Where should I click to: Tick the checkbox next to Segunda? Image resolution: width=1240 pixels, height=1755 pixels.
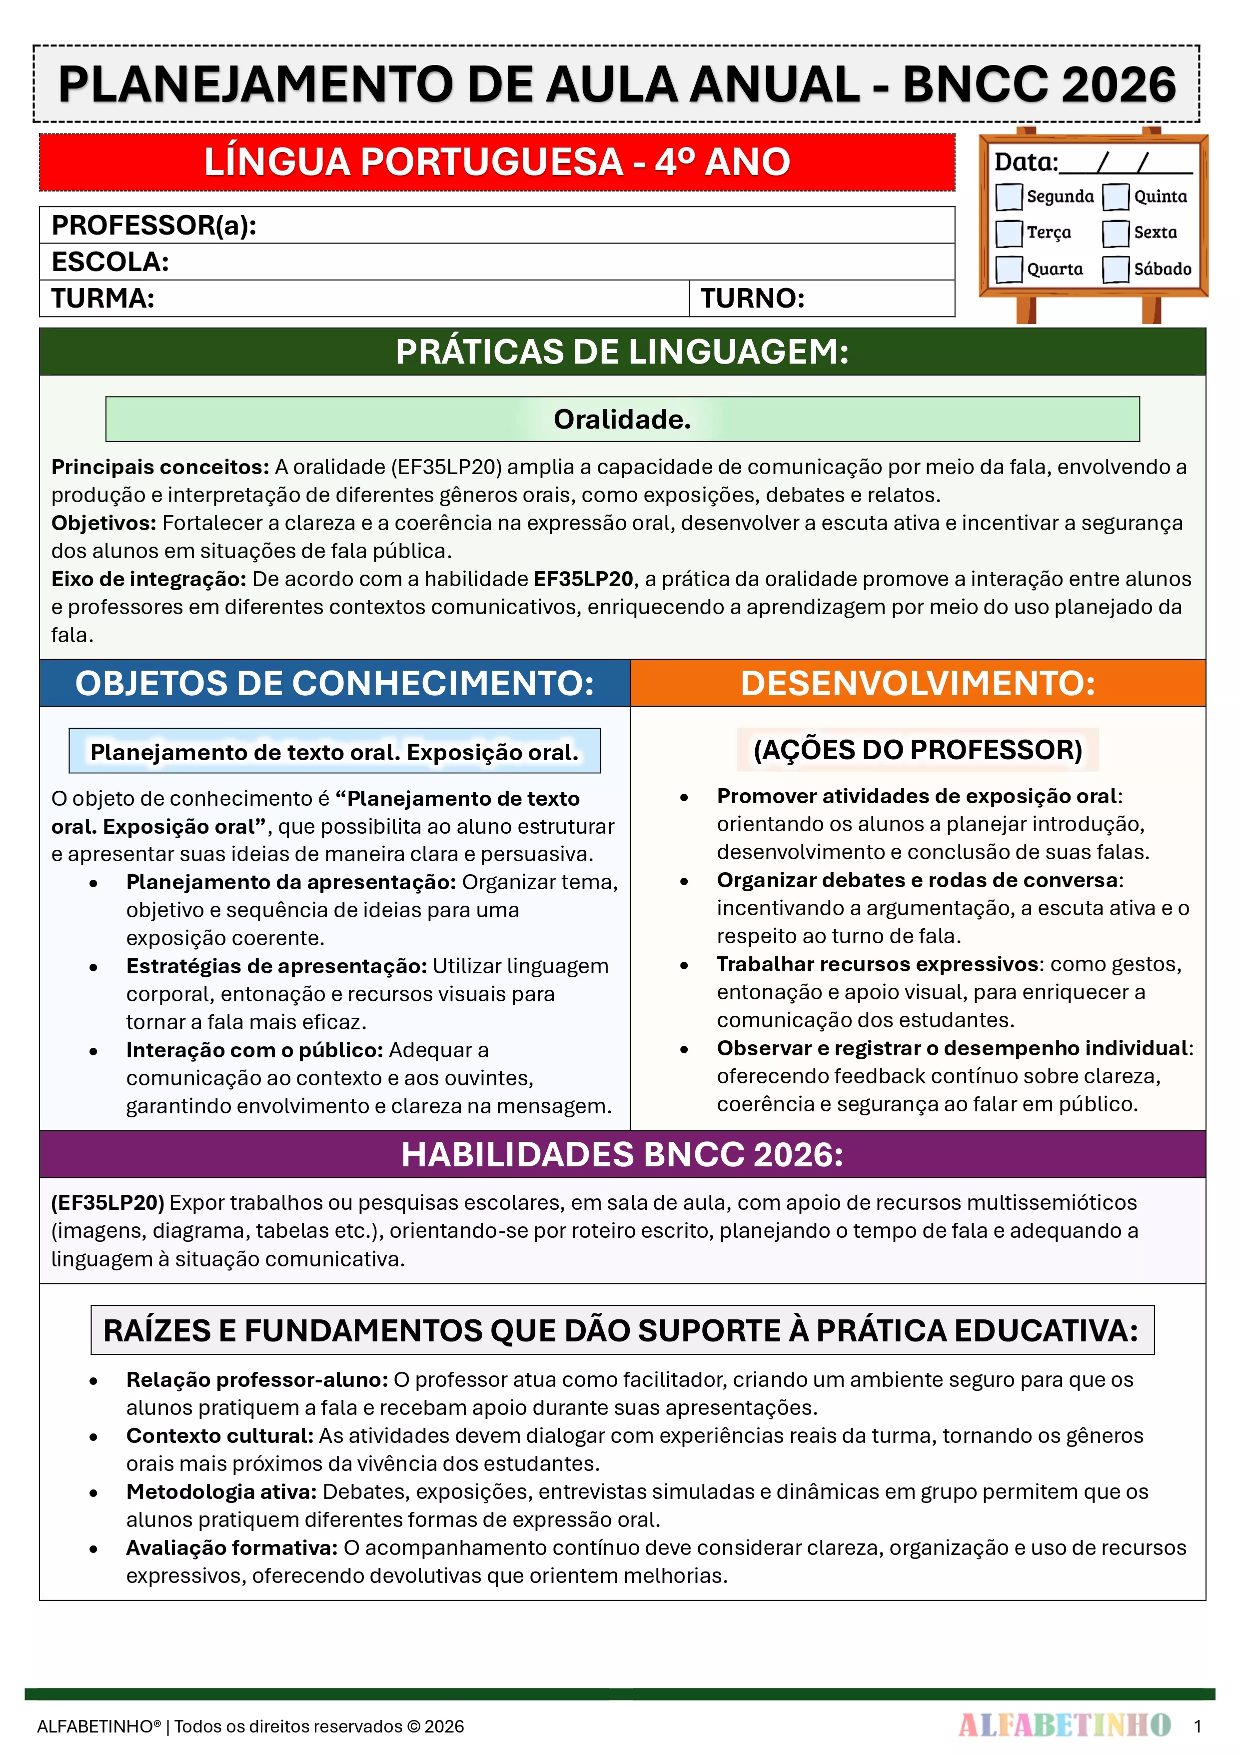pyautogui.click(x=1009, y=197)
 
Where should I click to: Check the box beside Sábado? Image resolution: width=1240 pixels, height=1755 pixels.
pyautogui.click(x=1116, y=269)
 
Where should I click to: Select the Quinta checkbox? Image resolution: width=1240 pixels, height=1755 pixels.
pyautogui.click(x=1116, y=197)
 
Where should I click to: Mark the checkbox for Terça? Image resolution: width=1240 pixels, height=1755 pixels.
pyautogui.click(x=1009, y=233)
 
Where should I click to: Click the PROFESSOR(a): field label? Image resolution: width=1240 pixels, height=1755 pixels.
pyautogui.click(x=153, y=226)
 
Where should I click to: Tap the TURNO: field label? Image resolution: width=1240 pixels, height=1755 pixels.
pyautogui.click(x=753, y=298)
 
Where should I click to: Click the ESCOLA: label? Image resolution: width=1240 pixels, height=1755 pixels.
pyautogui.click(x=110, y=262)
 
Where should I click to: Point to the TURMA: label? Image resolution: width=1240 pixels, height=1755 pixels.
pyautogui.click(x=103, y=298)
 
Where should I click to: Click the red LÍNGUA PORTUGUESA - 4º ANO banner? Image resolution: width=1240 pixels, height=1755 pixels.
pyautogui.click(x=497, y=162)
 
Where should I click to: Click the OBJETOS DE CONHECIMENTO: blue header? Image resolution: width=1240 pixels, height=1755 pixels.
pyautogui.click(x=335, y=683)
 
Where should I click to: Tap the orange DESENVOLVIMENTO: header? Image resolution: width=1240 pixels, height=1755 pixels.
pyautogui.click(x=918, y=683)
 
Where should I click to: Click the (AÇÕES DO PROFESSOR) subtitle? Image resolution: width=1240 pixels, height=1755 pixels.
pyautogui.click(x=918, y=750)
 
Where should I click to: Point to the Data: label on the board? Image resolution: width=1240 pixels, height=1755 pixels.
pyautogui.click(x=1025, y=162)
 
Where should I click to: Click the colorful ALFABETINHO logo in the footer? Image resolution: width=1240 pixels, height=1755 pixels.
pyautogui.click(x=1064, y=1725)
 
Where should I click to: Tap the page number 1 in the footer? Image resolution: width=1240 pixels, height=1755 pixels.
pyautogui.click(x=1197, y=1726)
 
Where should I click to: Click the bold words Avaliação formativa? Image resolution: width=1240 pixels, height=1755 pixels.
pyautogui.click(x=231, y=1548)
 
